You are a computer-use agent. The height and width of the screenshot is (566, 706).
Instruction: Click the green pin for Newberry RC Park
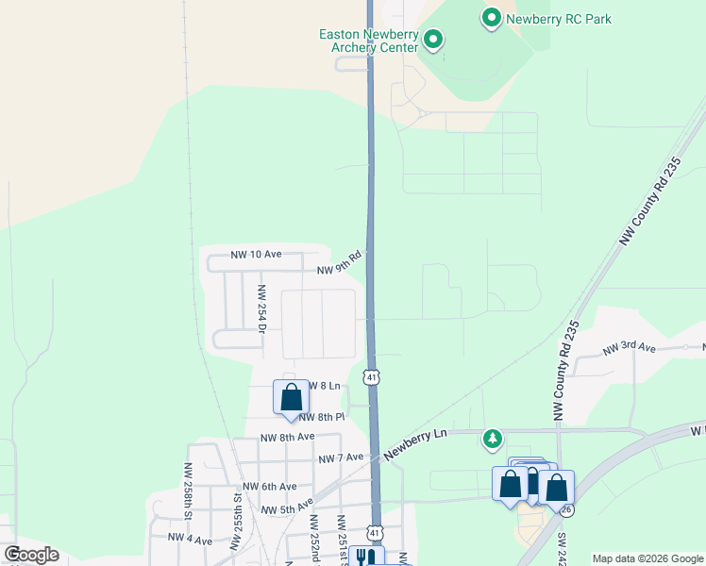pyautogui.click(x=491, y=18)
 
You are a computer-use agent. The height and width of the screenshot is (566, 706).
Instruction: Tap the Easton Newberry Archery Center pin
pyautogui.click(x=433, y=39)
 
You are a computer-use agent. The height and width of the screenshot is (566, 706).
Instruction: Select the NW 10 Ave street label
pyautogui.click(x=257, y=255)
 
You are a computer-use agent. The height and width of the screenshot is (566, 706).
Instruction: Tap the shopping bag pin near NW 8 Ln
pyautogui.click(x=291, y=397)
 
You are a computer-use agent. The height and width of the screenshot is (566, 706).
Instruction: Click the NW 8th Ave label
pyautogui.click(x=287, y=437)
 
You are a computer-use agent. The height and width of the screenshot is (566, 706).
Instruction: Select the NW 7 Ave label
pyautogui.click(x=341, y=458)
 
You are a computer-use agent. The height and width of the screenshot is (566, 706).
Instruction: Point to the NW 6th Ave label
pyautogui.click(x=270, y=487)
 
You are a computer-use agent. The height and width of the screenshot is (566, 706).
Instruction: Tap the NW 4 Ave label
pyautogui.click(x=190, y=538)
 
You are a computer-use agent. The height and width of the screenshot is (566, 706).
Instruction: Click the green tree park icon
pyautogui.click(x=493, y=439)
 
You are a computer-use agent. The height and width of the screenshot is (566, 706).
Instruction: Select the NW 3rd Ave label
pyautogui.click(x=629, y=348)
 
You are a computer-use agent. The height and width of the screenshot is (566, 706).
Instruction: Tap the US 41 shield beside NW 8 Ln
pyautogui.click(x=373, y=377)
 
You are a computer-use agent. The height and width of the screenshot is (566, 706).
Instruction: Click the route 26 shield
pyautogui.click(x=565, y=509)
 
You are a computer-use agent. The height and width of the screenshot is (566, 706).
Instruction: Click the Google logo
pyautogui.click(x=31, y=555)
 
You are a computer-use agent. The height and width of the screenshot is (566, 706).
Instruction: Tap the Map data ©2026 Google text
pyautogui.click(x=647, y=558)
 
